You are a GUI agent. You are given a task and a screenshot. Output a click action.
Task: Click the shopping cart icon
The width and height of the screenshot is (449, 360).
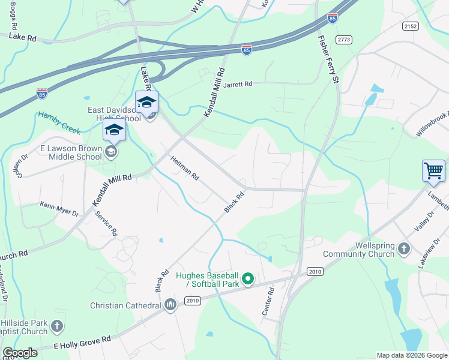tap(433, 170)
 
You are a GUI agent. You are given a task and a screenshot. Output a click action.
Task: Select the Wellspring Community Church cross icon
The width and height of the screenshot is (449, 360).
tap(405, 248)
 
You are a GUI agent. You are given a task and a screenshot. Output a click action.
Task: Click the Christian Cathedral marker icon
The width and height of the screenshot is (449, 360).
tap(170, 305)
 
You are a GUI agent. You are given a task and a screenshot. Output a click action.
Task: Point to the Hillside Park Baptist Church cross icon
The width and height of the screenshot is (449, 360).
tap(56, 326)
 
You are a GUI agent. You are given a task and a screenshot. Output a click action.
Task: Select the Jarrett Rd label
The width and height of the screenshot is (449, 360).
tap(238, 85)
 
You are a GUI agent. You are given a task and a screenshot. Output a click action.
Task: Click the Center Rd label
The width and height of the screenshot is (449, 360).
tap(268, 301)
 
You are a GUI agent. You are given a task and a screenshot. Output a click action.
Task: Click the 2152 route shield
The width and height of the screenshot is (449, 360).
tap(411, 26)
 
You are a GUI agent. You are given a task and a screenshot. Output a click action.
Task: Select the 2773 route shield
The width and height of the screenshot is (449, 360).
tap(344, 40)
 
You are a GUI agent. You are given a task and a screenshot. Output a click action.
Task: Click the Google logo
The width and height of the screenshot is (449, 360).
tap(20, 353)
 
